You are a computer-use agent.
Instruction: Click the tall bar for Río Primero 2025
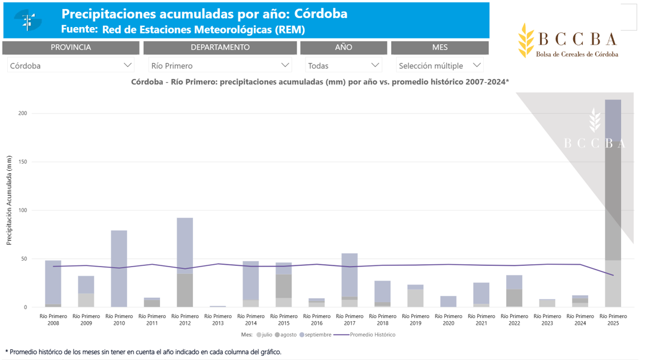click(613, 204)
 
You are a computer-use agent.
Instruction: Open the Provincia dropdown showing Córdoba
click(71, 65)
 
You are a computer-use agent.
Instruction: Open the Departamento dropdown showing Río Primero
click(220, 65)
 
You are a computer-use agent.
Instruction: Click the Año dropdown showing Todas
click(343, 65)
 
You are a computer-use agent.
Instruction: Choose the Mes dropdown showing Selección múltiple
click(440, 65)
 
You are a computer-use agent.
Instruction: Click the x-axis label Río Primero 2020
click(449, 320)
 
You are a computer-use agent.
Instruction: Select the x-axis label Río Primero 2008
click(53, 320)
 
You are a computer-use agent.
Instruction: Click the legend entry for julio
click(264, 335)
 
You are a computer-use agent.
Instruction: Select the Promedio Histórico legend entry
click(368, 335)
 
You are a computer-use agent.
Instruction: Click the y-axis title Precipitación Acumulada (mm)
click(9, 200)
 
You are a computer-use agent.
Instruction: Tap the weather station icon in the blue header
click(28, 21)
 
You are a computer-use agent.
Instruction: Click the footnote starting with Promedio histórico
click(144, 352)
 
